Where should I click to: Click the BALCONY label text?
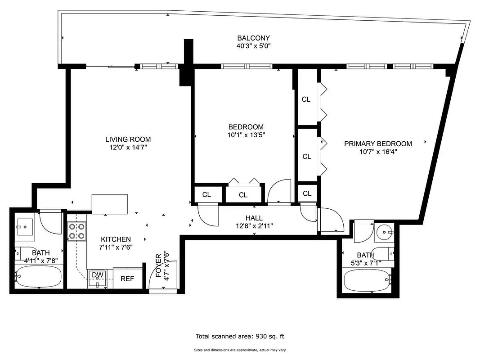253,38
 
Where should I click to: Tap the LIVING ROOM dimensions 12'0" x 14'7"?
128,147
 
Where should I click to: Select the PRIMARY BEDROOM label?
378,144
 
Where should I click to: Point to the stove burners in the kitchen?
76,230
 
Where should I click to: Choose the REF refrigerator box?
127,279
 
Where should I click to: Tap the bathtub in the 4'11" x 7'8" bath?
38,276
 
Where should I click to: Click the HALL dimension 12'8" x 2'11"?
254,226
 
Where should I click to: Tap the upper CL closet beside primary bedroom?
306,99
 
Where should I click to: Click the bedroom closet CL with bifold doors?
243,195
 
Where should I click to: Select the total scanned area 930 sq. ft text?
240,336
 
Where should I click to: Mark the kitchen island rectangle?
110,204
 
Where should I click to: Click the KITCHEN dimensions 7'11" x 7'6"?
116,247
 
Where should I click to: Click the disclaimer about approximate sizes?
240,350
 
